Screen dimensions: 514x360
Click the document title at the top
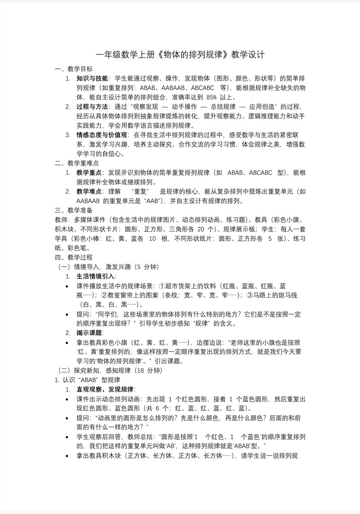click(x=180, y=55)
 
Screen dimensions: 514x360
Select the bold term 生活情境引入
click(x=95, y=276)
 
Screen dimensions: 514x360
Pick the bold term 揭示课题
click(x=89, y=333)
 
